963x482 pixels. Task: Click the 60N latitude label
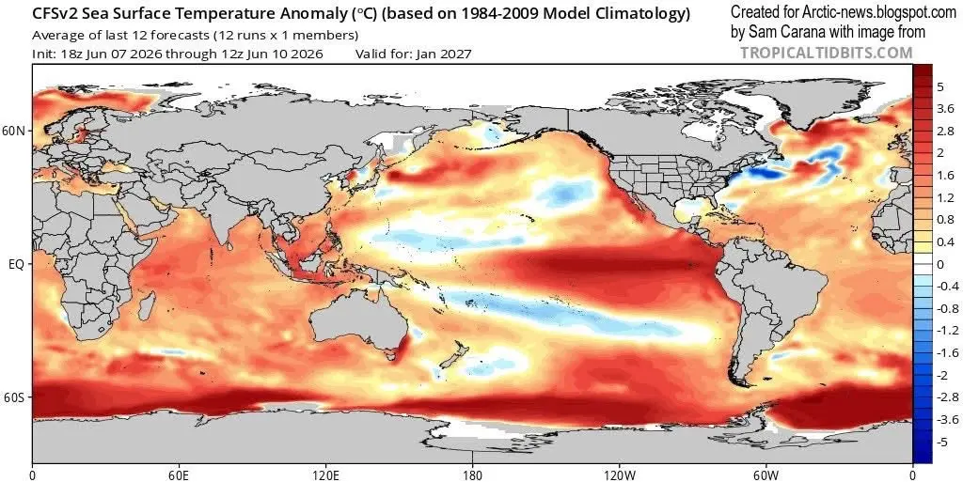(x=17, y=132)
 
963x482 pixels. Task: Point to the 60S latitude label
(x=17, y=397)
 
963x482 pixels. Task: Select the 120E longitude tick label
(x=324, y=474)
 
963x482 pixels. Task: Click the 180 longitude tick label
(x=472, y=474)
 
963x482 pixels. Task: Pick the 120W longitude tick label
(x=619, y=474)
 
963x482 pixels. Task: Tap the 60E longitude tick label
(x=179, y=474)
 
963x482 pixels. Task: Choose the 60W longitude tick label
(x=766, y=474)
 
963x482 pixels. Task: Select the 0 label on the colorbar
(x=940, y=264)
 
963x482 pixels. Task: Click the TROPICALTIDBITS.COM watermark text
(x=827, y=53)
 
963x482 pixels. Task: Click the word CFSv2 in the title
(x=51, y=13)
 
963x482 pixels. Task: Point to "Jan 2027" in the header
(x=444, y=54)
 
